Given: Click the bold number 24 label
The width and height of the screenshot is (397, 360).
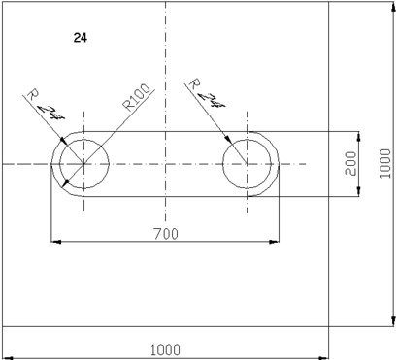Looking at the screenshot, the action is point(81,38).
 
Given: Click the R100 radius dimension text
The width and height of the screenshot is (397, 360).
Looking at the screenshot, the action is point(137,97).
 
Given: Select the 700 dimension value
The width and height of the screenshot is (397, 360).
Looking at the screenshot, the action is point(166,234).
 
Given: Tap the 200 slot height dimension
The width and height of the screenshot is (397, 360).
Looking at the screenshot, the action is point(350,163).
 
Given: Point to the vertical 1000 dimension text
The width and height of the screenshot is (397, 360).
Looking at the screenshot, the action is point(385,163).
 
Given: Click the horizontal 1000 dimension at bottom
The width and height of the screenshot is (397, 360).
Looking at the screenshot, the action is point(165,350).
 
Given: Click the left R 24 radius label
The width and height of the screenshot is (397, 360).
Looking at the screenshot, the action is point(46,105).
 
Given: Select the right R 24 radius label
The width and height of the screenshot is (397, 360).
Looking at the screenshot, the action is point(207,93).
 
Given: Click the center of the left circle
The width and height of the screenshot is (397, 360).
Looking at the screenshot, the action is point(83,164).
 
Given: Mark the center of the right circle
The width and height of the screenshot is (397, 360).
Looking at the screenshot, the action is point(248,164).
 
